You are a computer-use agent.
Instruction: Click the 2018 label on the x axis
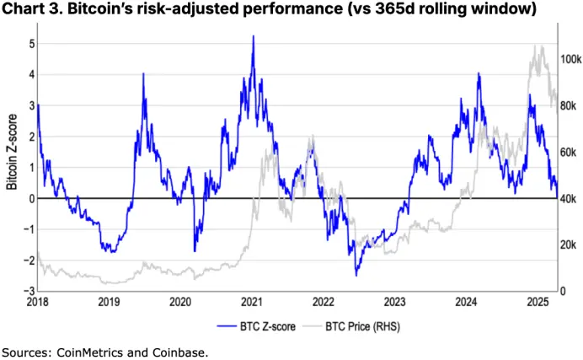tap(38, 301)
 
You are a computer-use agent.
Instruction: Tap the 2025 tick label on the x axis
tap(539, 301)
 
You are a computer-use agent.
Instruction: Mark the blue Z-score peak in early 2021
tap(253, 37)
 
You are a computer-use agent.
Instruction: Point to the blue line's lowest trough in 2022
tap(356, 274)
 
